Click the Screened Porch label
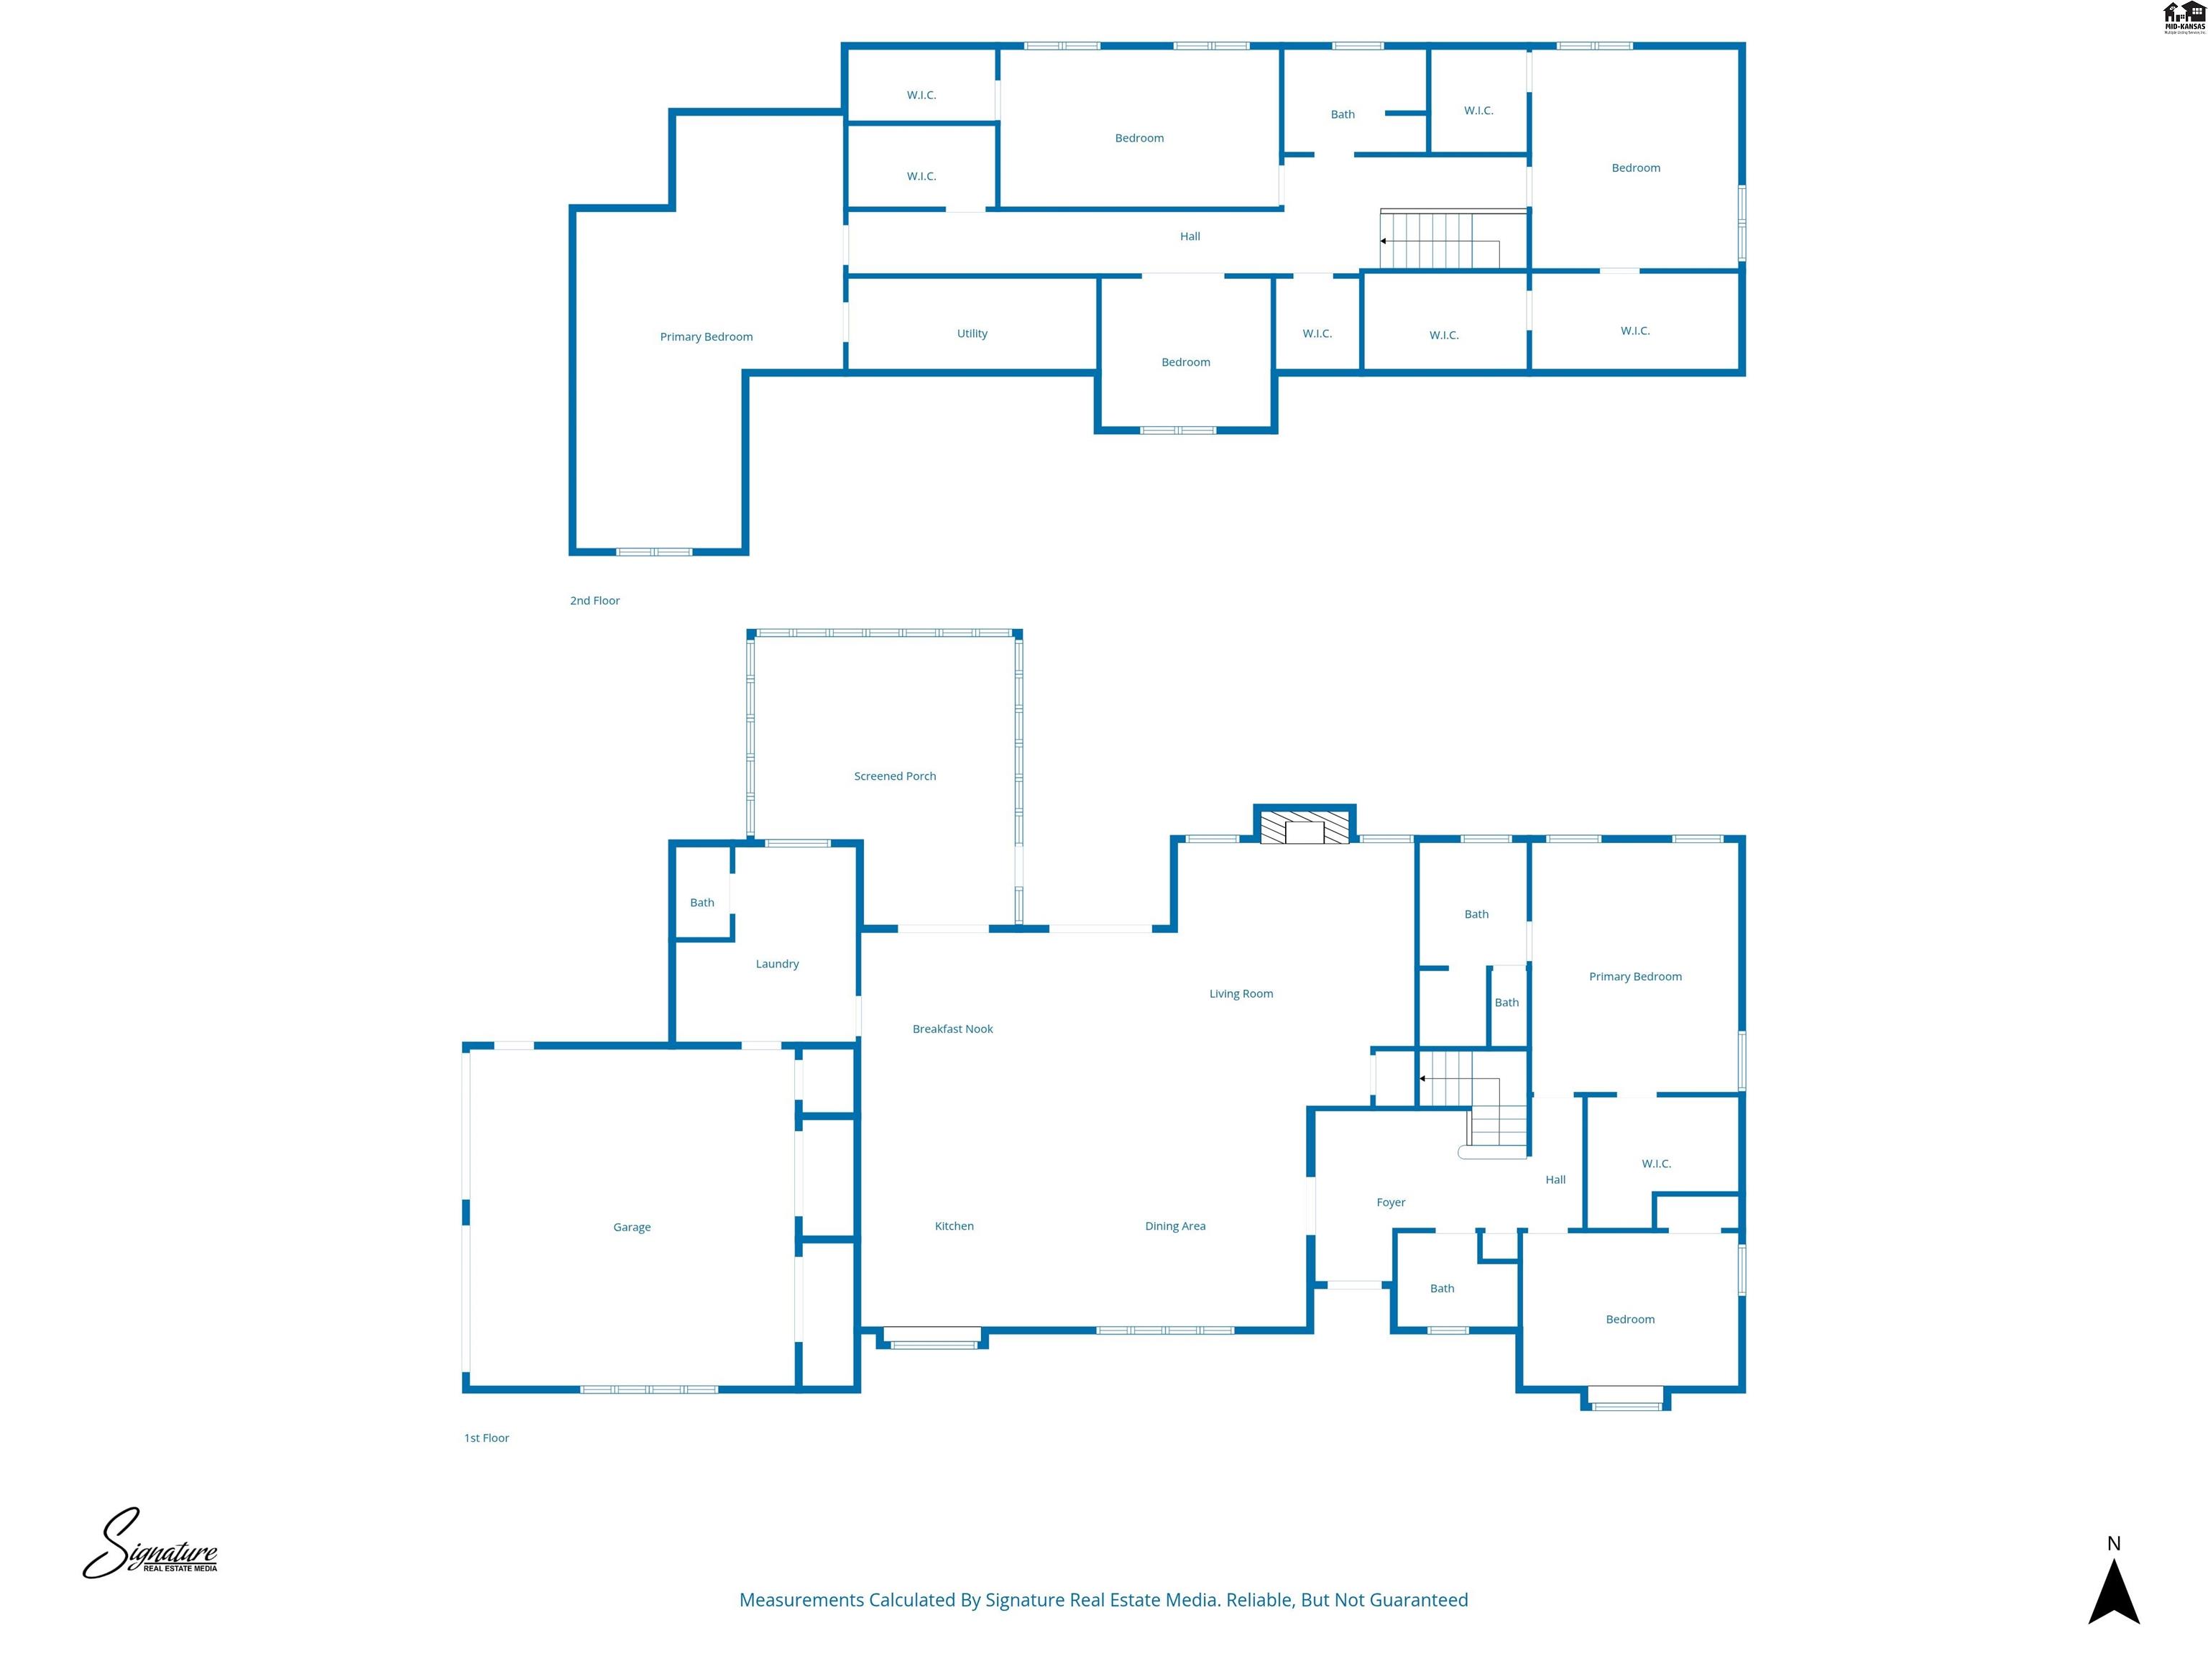[x=894, y=776]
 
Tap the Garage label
[x=631, y=1227]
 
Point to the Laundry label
[x=776, y=963]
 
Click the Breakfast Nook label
[x=952, y=1028]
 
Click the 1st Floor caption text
[x=486, y=1437]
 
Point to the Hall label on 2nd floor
[x=1189, y=236]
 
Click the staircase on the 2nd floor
[x=1437, y=241]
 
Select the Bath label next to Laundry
[x=701, y=902]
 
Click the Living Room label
[x=1240, y=993]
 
